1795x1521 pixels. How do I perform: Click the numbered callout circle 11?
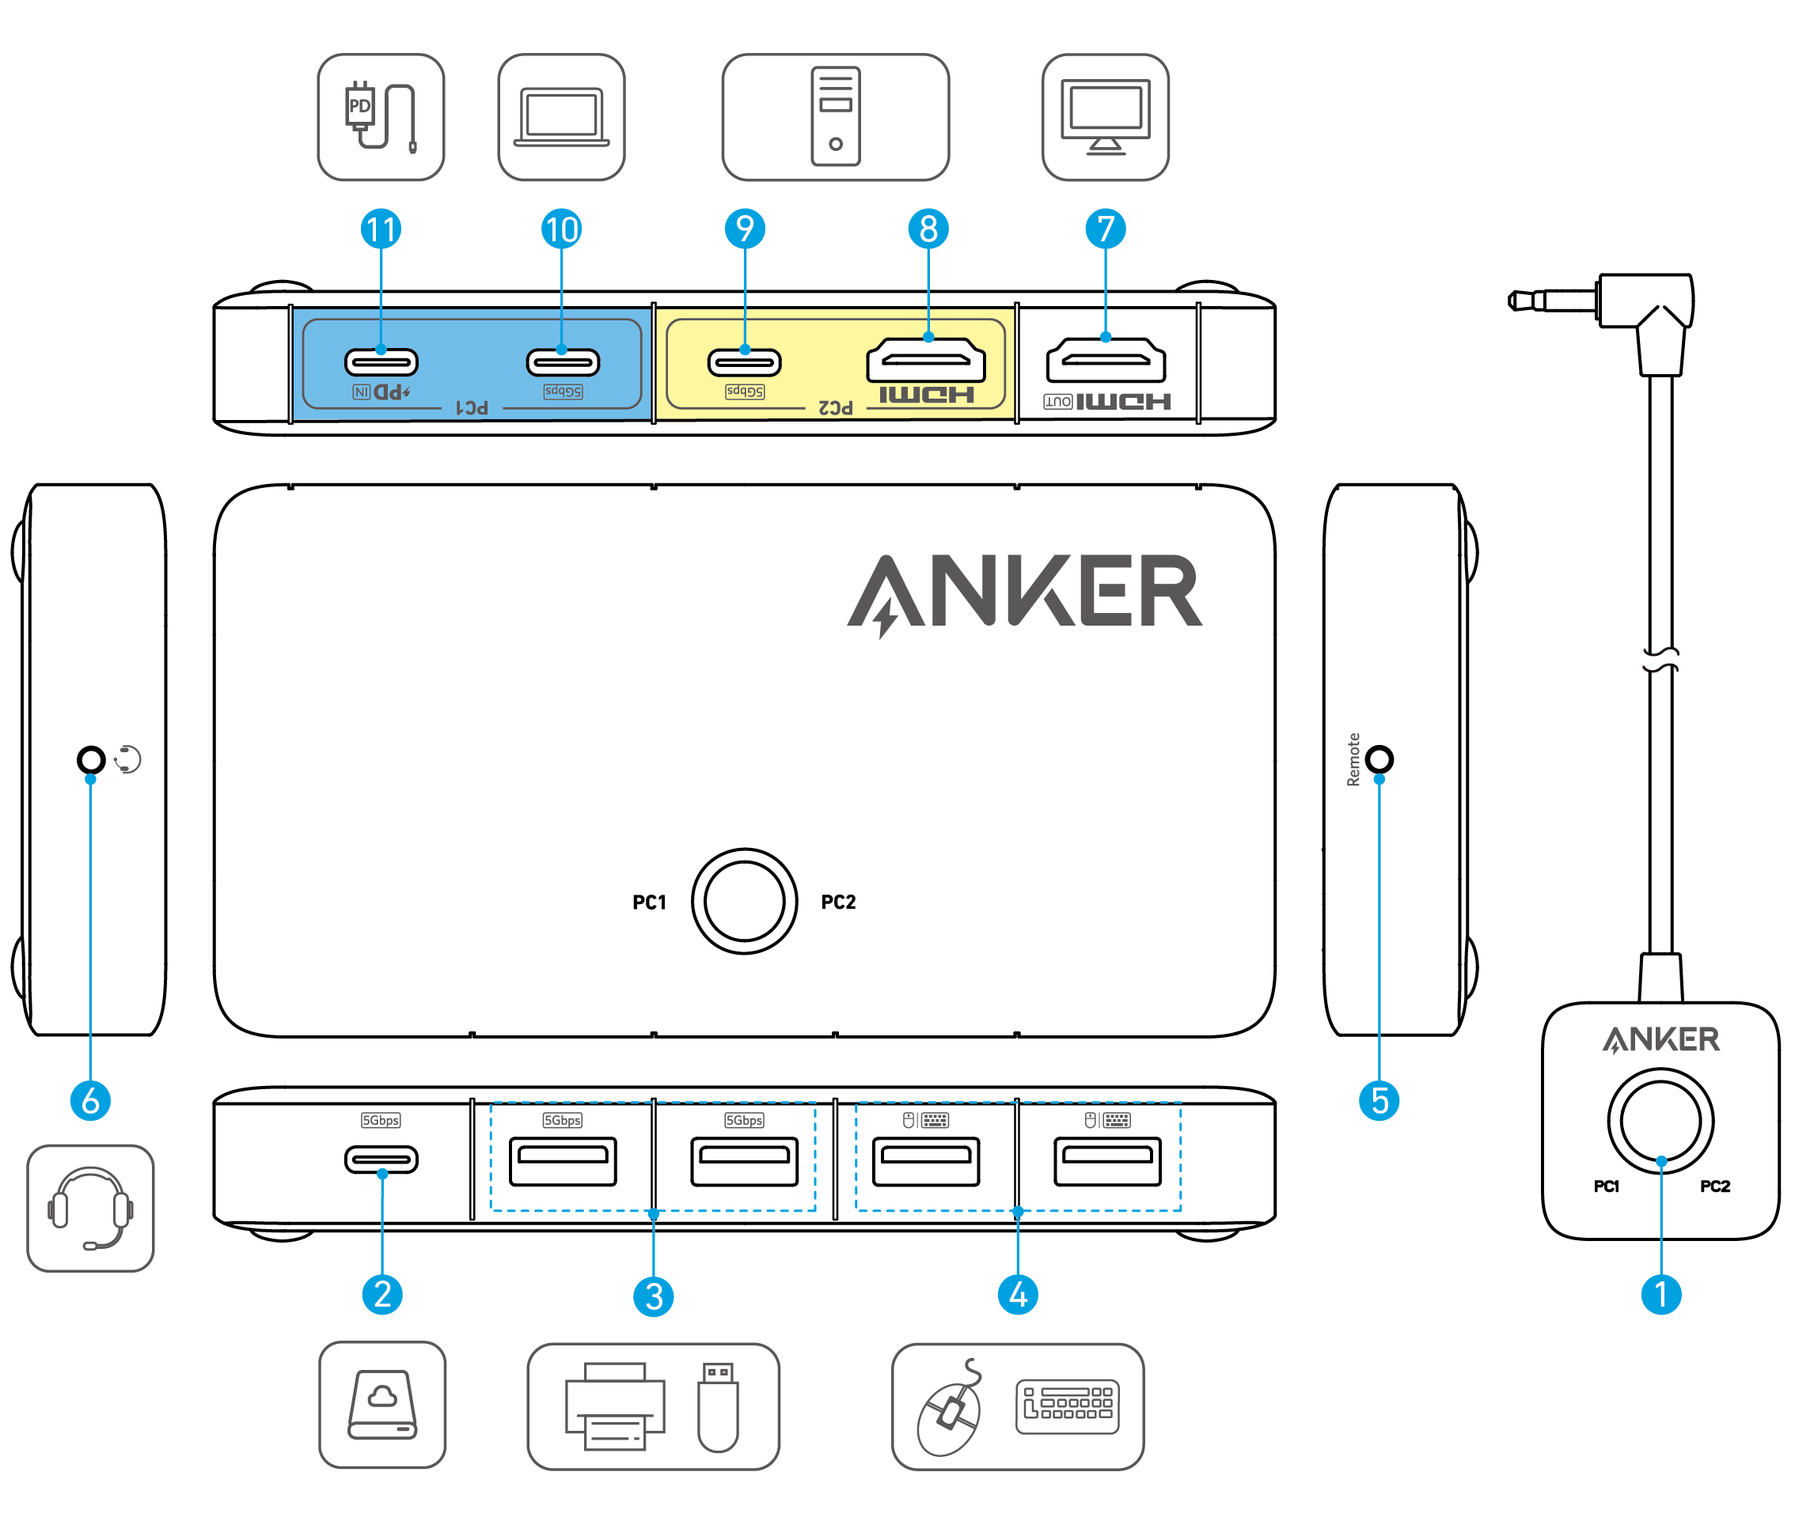pyautogui.click(x=381, y=229)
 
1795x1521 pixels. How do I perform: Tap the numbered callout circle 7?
pyautogui.click(x=1105, y=229)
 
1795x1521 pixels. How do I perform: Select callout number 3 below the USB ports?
pyautogui.click(x=653, y=1296)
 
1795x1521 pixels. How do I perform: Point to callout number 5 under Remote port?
pyautogui.click(x=1379, y=1101)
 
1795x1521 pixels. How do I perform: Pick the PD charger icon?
pyautogui.click(x=381, y=117)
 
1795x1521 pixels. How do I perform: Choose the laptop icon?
pyautogui.click(x=561, y=117)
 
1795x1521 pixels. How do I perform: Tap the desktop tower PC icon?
pyautogui.click(x=835, y=116)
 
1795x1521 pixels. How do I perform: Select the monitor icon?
pyautogui.click(x=1105, y=117)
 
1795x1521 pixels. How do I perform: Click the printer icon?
pyautogui.click(x=614, y=1406)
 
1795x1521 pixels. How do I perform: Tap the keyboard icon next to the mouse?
pyautogui.click(x=1067, y=1406)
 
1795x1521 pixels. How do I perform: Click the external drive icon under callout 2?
pyautogui.click(x=382, y=1406)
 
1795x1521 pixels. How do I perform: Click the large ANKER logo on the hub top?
pyautogui.click(x=1025, y=593)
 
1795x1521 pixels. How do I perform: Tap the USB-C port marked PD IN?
pyautogui.click(x=381, y=362)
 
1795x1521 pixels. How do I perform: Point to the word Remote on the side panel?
pyautogui.click(x=1353, y=759)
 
